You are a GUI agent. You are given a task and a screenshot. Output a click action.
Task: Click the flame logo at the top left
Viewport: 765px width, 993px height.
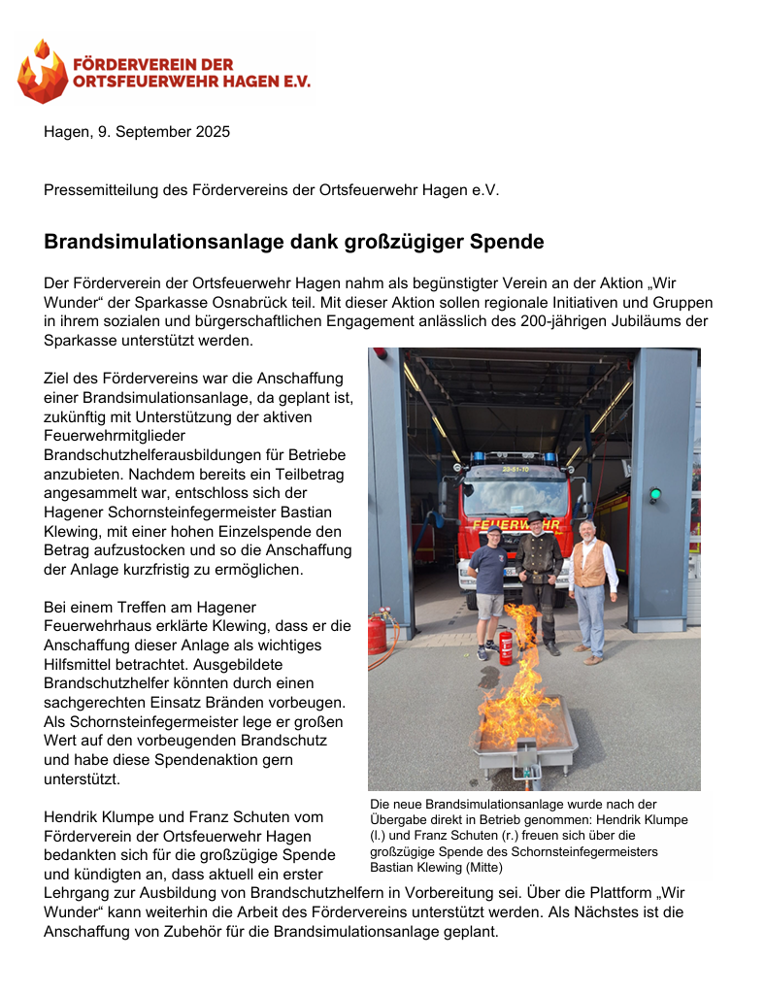[x=43, y=72]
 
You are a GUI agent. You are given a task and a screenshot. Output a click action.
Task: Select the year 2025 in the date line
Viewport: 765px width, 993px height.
[x=213, y=132]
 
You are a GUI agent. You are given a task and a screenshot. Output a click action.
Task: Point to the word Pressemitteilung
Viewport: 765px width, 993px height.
[x=101, y=190]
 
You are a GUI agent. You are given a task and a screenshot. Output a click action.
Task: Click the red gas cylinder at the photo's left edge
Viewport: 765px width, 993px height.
[x=377, y=634]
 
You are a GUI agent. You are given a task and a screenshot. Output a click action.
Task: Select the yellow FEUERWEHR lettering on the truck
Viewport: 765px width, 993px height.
[x=516, y=525]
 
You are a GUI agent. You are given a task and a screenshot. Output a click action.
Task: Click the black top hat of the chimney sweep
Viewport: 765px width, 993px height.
[x=533, y=517]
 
